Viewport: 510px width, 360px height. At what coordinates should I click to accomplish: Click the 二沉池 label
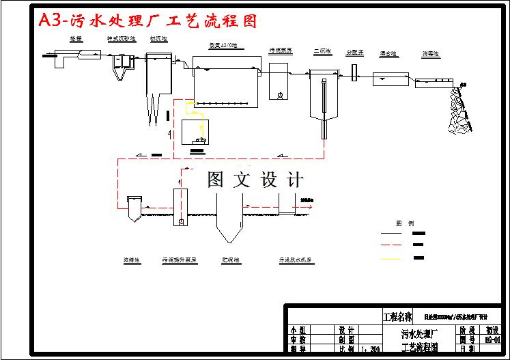(x=322, y=51)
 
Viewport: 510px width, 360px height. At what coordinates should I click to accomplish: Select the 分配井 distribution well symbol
(x=355, y=71)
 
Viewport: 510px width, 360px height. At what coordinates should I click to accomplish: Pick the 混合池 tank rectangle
(x=391, y=79)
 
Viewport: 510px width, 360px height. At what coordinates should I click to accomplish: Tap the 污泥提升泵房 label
(x=179, y=260)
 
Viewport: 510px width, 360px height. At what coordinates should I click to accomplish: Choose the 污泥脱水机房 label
(x=295, y=260)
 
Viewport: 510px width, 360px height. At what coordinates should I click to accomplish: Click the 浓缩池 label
(x=131, y=260)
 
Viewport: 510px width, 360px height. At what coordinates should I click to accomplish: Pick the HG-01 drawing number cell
(x=492, y=339)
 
